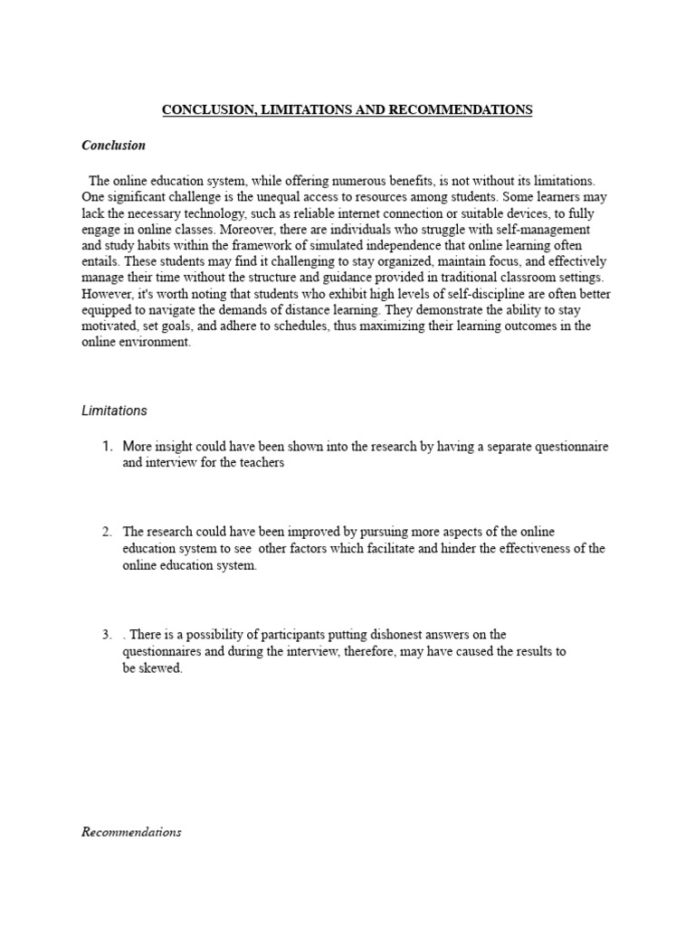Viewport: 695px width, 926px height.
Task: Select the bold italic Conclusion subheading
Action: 113,146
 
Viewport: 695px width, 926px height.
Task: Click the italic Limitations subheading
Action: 114,411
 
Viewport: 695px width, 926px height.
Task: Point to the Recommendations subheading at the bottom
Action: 131,832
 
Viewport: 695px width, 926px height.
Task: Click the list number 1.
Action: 107,447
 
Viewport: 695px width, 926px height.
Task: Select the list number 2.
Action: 107,532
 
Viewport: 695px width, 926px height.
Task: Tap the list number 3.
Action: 107,635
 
